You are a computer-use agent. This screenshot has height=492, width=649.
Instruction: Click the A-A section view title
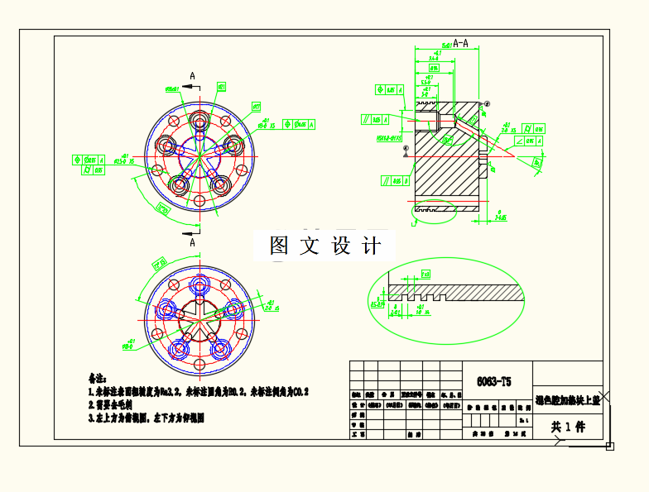pyautogui.click(x=461, y=43)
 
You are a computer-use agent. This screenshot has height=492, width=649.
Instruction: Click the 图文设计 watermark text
pyautogui.click(x=325, y=246)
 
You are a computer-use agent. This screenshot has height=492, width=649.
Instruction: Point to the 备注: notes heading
pyautogui.click(x=98, y=379)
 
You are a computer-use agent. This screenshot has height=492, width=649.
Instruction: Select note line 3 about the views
pyautogui.click(x=146, y=418)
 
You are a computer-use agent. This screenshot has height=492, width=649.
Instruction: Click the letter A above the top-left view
pyautogui.click(x=193, y=76)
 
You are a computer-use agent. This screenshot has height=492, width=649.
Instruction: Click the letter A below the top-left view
pyautogui.click(x=193, y=243)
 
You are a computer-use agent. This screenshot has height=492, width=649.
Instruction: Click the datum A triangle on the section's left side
pyautogui.click(x=406, y=153)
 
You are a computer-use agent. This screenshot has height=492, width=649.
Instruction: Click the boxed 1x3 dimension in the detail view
pyautogui.click(x=425, y=274)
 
